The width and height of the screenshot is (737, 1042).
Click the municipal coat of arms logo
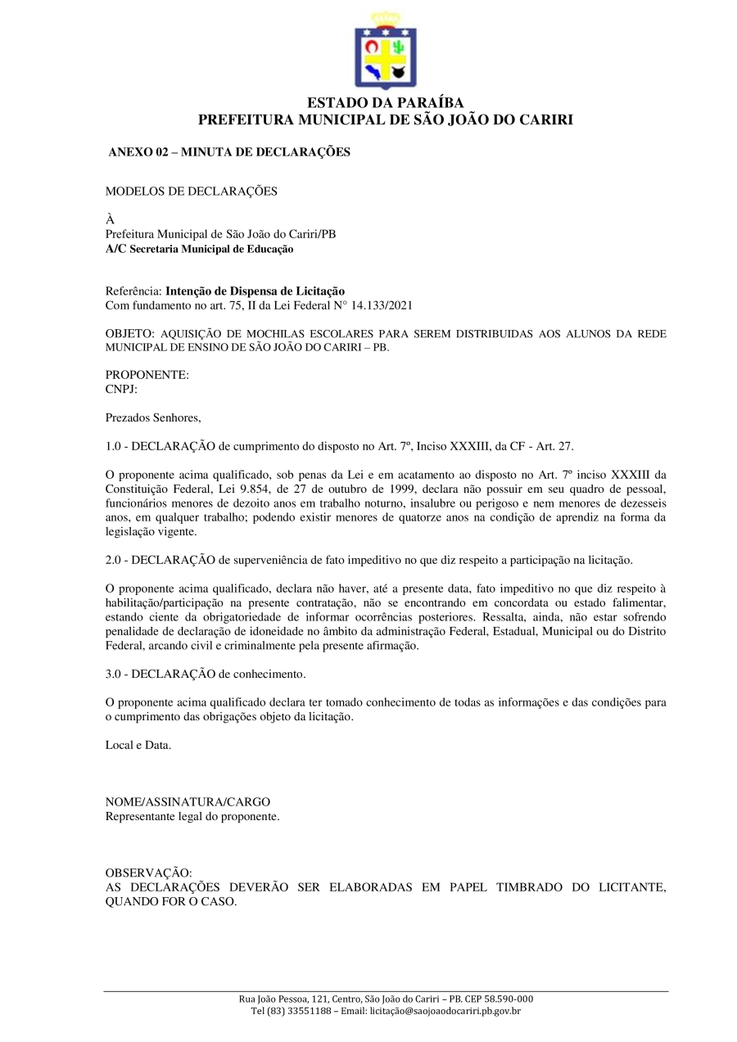pos(385,52)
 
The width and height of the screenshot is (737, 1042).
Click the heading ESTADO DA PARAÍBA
pos(385,103)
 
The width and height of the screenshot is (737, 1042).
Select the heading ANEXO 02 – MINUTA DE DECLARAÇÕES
pos(229,152)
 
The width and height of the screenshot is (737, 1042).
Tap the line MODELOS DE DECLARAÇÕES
pos(192,192)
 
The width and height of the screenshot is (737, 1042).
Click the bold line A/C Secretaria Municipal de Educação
pos(199,249)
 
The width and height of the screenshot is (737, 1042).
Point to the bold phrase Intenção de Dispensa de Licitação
pos(255,291)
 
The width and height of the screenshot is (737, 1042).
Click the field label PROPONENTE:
pos(147,375)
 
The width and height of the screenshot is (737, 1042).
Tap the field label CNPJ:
pos(121,389)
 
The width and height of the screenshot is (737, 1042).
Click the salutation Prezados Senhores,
pos(153,417)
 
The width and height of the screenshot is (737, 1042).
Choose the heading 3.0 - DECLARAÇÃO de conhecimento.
pos(206,674)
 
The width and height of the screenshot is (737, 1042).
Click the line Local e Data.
pos(138,745)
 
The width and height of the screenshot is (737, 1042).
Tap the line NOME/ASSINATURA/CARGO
pos(188,802)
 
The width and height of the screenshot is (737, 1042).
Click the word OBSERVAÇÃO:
pos(148,873)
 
